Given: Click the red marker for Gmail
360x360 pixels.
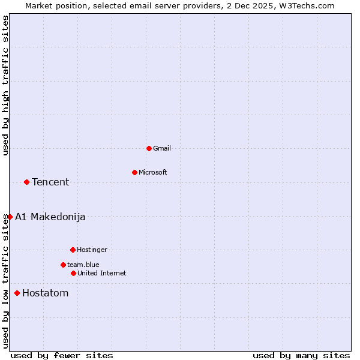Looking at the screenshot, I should coord(149,148).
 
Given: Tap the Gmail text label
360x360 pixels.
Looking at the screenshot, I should coord(162,148).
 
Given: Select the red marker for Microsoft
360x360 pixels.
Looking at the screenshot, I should coord(134,172).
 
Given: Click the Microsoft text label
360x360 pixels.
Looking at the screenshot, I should coord(153,172).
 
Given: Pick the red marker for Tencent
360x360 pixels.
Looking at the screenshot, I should coord(26,182).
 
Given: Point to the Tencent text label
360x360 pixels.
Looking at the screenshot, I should coord(50,182).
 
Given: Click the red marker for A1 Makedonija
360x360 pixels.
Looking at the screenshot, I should coord(10,217).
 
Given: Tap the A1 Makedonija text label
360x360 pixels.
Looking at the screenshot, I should coord(50,217).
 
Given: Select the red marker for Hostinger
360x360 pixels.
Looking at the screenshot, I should coord(73,250).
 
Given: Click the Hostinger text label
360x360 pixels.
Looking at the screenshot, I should coord(92,250).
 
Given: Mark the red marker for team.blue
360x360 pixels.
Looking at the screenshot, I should coord(63,265).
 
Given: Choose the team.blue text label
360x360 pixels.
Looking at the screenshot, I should coord(83,265).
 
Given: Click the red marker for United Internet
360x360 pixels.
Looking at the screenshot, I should coord(73,273).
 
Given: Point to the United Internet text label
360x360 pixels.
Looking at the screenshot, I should coord(102,273).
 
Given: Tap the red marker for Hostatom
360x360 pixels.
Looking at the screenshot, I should coord(17,293).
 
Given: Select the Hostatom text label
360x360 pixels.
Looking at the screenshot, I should coord(46,293).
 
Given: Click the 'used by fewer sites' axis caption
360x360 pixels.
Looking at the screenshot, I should coord(62,355).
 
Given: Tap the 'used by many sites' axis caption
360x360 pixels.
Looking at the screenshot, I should coord(301,355).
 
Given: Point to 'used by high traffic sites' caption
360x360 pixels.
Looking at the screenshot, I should coord(5,85).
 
